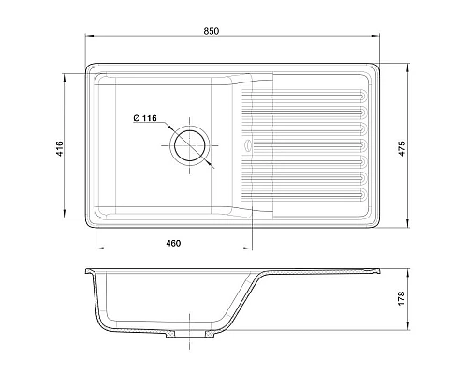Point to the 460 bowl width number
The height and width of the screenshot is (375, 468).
(x=172, y=243)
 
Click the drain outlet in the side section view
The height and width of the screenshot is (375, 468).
(x=192, y=335)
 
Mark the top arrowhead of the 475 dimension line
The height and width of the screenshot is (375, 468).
(x=408, y=66)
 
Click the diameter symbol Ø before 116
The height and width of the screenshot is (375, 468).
(x=138, y=118)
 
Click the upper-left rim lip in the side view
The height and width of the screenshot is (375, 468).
(x=89, y=271)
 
